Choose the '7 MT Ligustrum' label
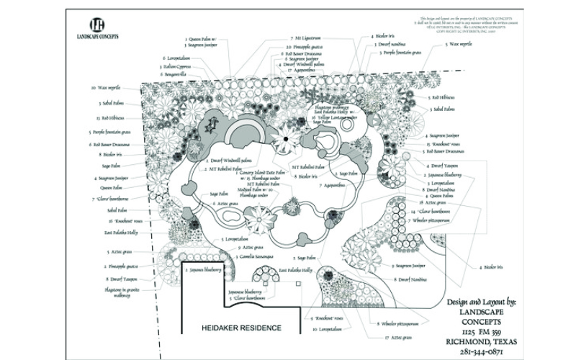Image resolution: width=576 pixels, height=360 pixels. point(307,37)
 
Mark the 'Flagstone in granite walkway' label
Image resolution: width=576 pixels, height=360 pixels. point(122,293)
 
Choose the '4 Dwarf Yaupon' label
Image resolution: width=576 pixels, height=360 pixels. point(441,166)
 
